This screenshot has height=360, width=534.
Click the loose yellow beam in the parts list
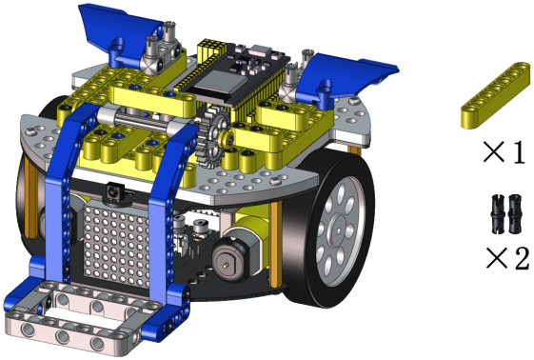click(496, 95)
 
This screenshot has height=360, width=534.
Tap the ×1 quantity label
click(504, 151)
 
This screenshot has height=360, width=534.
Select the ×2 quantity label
click(507, 258)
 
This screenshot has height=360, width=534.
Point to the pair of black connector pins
click(506, 214)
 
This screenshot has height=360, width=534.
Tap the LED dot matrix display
click(116, 244)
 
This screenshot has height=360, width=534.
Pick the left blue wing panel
click(119, 32)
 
